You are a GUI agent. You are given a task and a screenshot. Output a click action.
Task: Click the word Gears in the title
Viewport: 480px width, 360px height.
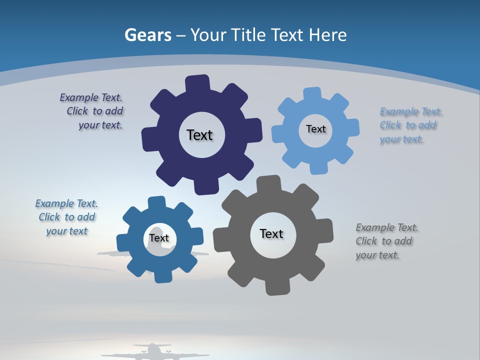click(147, 35)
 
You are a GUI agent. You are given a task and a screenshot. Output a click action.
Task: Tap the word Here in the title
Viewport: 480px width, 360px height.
click(327, 35)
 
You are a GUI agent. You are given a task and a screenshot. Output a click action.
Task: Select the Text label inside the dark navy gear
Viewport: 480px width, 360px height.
click(199, 135)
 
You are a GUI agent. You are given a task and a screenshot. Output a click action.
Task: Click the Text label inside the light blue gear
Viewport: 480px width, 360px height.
click(315, 129)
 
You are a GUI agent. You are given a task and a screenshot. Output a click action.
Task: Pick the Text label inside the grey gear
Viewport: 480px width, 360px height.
click(271, 233)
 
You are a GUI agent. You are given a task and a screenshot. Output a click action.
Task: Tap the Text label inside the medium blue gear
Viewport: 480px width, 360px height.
click(159, 238)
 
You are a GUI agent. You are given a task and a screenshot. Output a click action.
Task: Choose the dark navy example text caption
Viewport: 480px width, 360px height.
click(92, 111)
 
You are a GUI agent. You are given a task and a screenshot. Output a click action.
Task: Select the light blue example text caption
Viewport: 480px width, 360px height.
click(411, 125)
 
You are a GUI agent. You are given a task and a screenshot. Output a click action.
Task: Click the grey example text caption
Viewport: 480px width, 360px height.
click(387, 241)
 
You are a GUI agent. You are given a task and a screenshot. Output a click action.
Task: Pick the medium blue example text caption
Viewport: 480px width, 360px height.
click(66, 217)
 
